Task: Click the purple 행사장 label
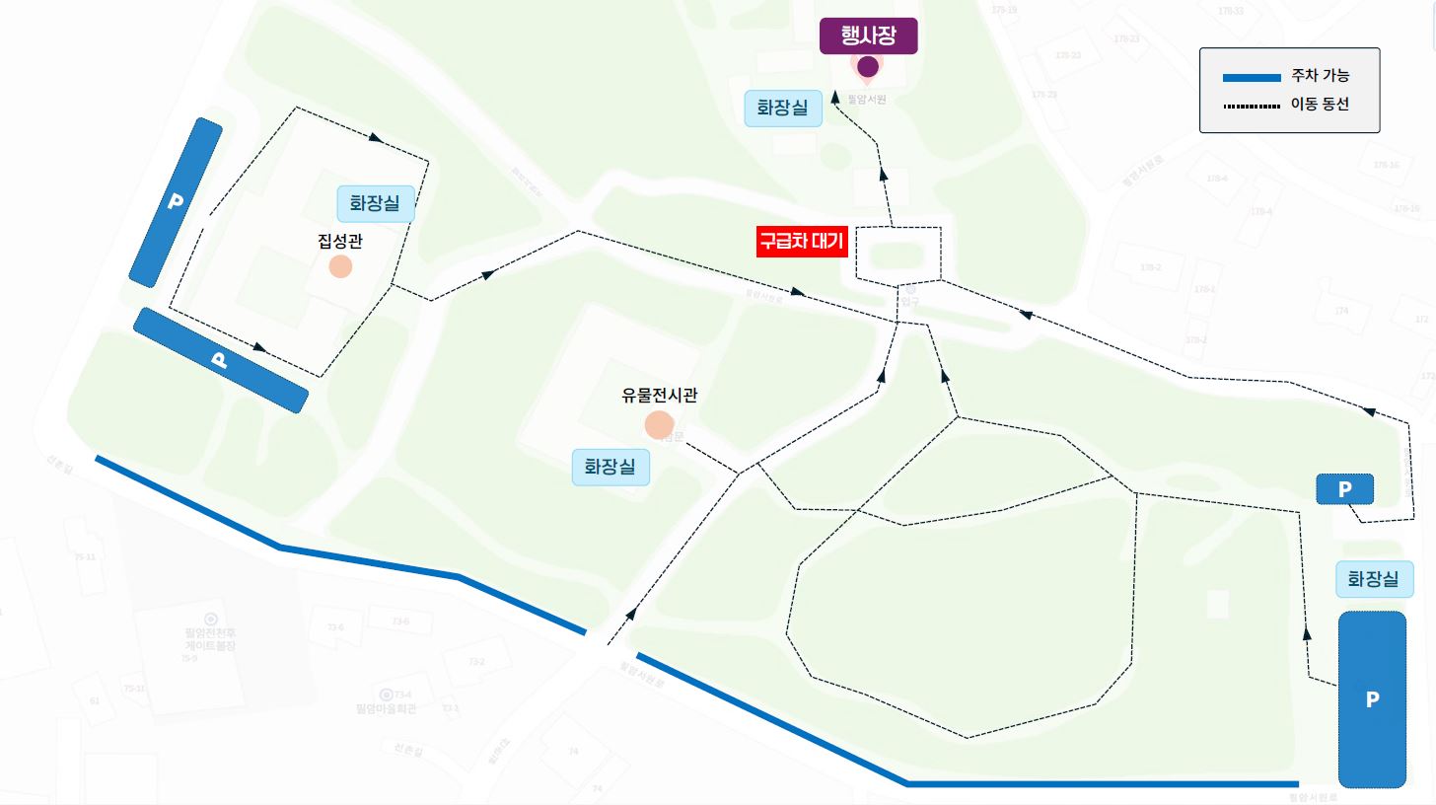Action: [x=869, y=37]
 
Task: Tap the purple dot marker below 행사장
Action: [x=868, y=67]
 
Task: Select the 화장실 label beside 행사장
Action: [x=782, y=107]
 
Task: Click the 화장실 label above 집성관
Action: [x=375, y=203]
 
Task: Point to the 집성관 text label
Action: [x=340, y=240]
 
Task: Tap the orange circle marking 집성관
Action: [x=340, y=266]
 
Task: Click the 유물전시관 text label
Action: [x=659, y=396]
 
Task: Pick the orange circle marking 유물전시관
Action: [x=659, y=425]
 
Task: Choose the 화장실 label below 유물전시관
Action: [x=610, y=467]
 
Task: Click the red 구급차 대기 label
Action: [x=802, y=242]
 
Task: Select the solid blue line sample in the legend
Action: [x=1251, y=78]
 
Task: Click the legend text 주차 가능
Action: [x=1321, y=77]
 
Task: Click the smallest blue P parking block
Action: [x=1344, y=488]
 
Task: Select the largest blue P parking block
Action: [x=1371, y=699]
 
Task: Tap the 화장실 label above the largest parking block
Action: [x=1373, y=579]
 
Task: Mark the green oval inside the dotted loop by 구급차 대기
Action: [x=897, y=256]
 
